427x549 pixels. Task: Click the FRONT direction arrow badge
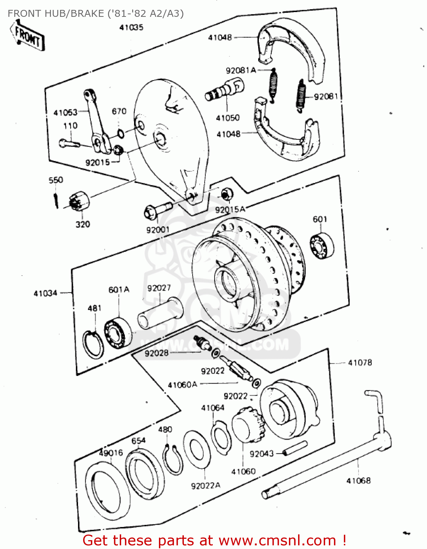tap(27, 36)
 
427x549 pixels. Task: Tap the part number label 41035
tap(131, 27)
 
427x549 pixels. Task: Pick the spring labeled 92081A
tap(273, 85)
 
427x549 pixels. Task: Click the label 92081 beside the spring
tap(326, 97)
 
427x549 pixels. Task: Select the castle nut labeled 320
tap(79, 202)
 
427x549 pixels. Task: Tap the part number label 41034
tap(45, 293)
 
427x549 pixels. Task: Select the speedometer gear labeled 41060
tap(247, 425)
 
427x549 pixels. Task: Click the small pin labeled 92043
tap(295, 449)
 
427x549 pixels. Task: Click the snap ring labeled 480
tap(172, 460)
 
